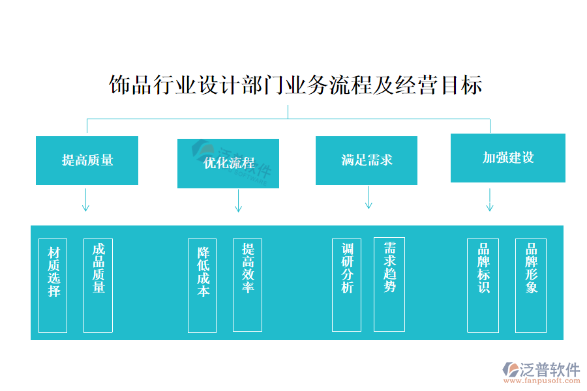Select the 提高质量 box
87,160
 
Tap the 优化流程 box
228,164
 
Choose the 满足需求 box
367,160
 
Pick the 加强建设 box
507,158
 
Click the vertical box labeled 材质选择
53,285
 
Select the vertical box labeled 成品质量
98,285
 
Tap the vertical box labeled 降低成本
202,285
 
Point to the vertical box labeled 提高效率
248,285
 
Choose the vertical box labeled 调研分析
346,285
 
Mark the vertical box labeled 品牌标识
483,285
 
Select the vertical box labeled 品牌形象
531,285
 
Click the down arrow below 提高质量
85,200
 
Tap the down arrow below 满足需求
369,197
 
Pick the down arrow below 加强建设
489,200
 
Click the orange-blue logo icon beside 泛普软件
510,371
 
